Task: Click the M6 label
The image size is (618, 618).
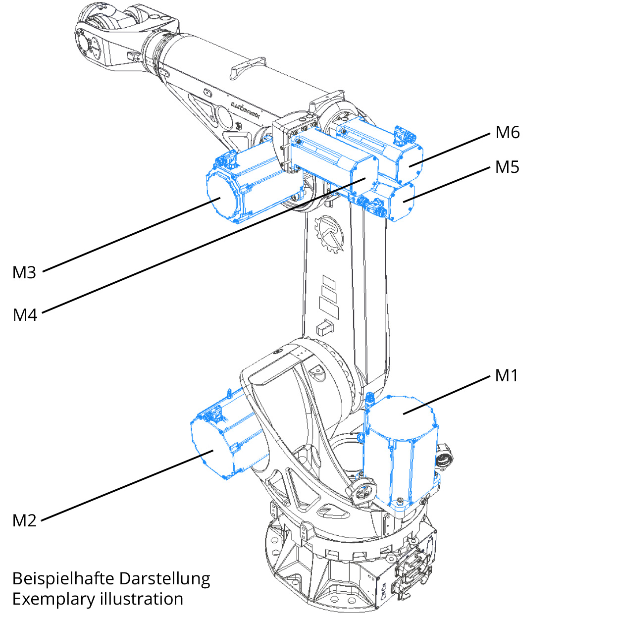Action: pos(508,133)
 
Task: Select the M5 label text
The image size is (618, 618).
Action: pos(507,167)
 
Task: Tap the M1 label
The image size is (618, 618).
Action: pos(507,376)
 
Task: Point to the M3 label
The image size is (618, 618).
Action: pos(24,273)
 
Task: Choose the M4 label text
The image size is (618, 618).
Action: pos(25,315)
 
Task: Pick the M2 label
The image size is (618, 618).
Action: pos(24,520)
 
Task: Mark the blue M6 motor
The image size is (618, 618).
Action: pos(386,149)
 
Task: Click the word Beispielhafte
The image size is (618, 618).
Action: pos(63,578)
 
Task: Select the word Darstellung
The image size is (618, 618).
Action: pos(165,578)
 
